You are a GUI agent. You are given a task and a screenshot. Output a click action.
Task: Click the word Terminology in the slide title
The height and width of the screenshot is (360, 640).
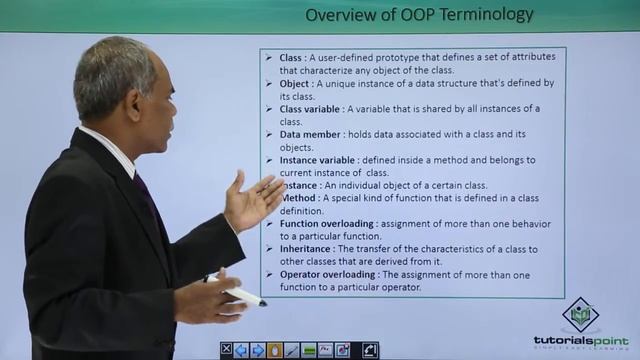click(x=485, y=14)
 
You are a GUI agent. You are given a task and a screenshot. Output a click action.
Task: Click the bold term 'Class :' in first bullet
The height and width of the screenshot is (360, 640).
click(x=296, y=58)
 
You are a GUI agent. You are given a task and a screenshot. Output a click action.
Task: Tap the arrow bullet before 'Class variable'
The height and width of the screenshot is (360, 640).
click(x=269, y=109)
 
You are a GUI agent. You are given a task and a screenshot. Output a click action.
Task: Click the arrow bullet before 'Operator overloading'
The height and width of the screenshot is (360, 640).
click(x=269, y=274)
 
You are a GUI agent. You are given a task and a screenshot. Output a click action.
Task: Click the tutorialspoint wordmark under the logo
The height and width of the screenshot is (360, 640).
click(x=580, y=341)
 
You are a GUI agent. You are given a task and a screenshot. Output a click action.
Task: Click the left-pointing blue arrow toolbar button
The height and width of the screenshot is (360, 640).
click(x=241, y=350)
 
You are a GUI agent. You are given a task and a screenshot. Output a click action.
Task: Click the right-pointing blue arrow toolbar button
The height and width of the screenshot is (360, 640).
click(x=258, y=350)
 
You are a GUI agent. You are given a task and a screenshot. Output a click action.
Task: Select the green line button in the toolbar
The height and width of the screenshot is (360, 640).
click(x=309, y=350)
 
